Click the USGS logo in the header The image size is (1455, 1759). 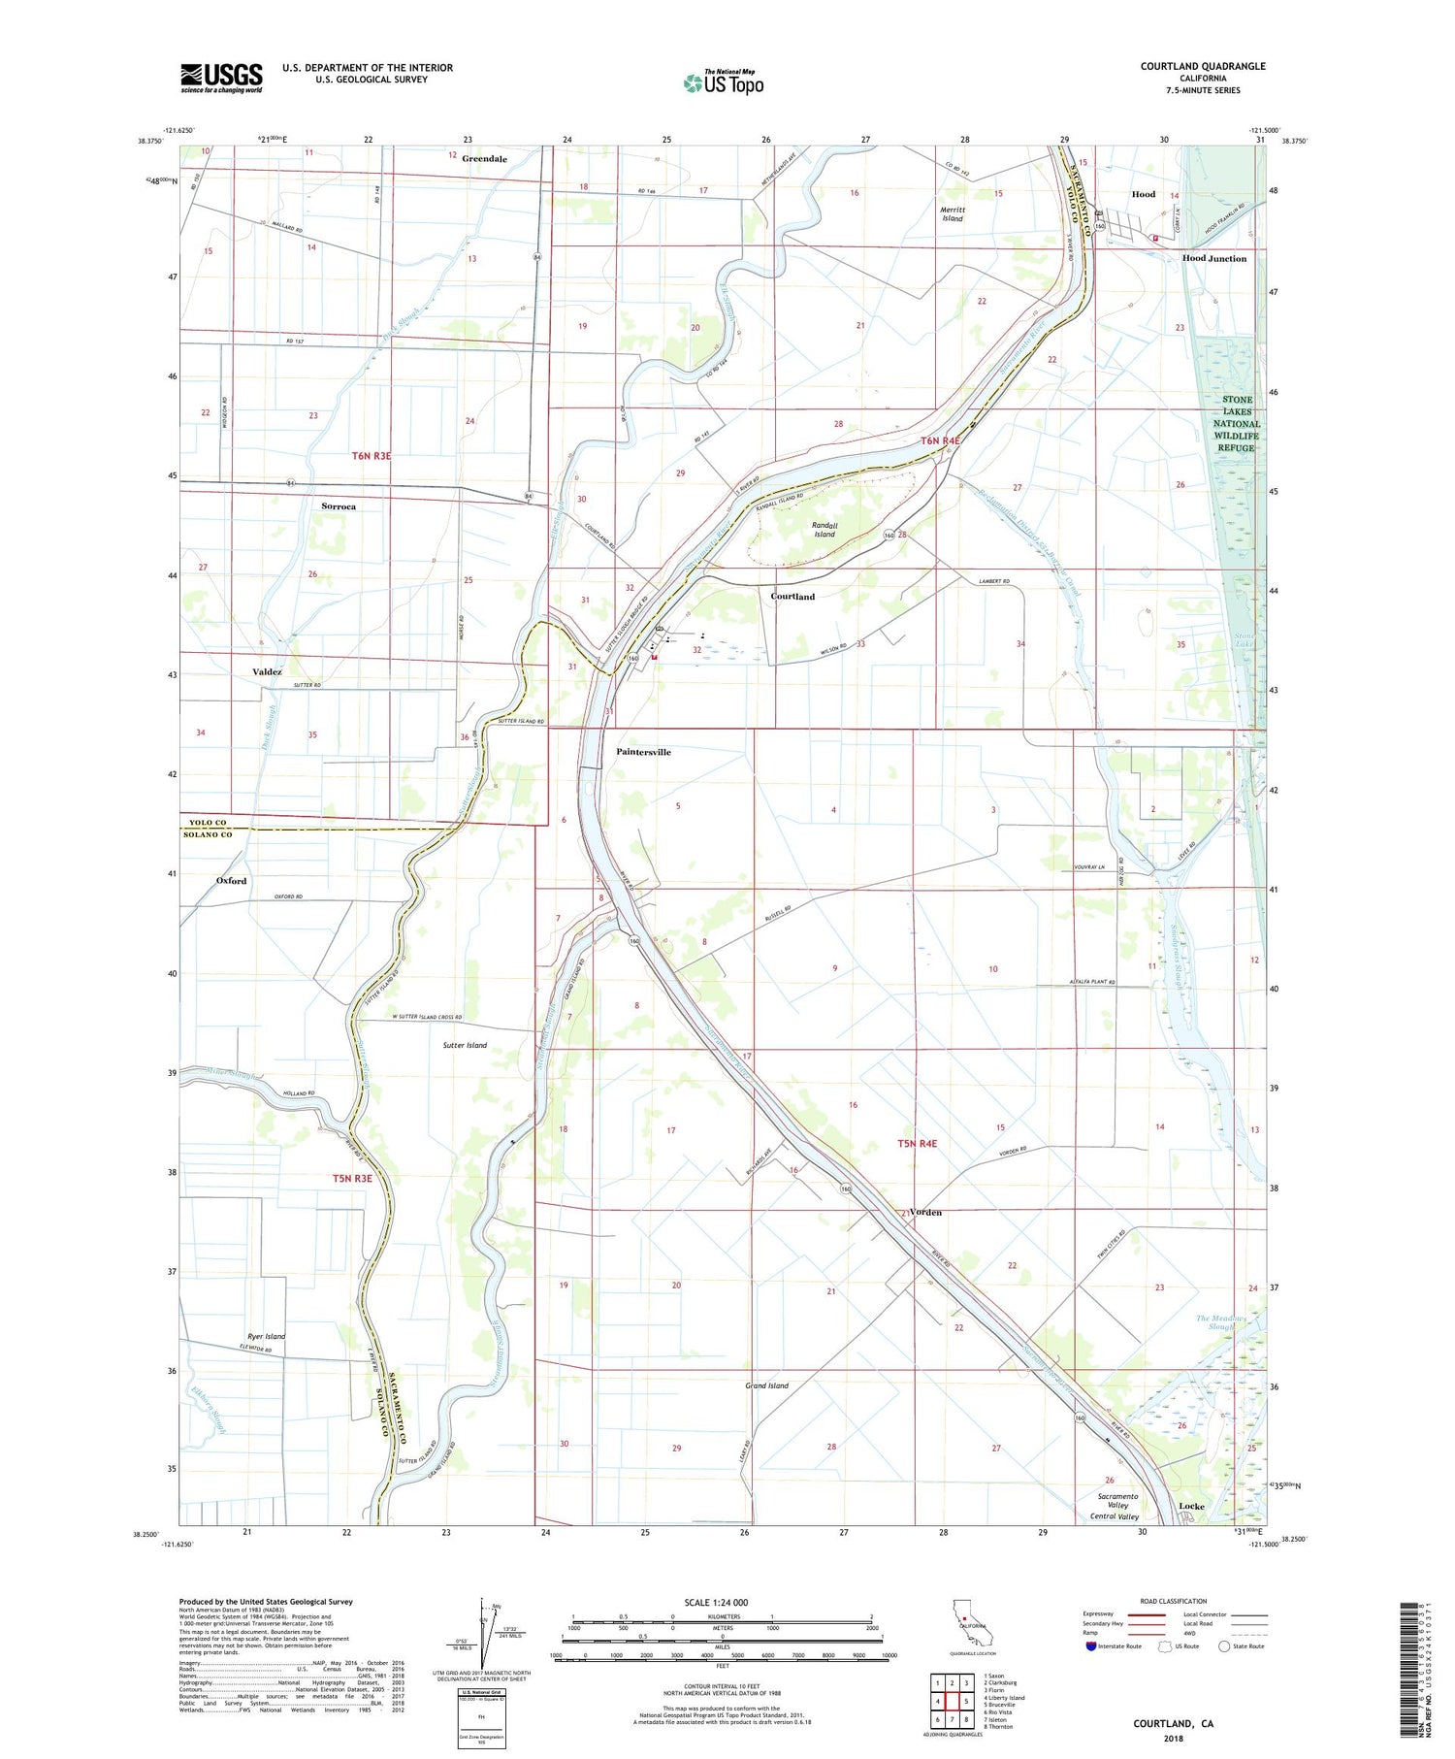pos(221,78)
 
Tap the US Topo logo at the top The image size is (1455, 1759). pos(723,83)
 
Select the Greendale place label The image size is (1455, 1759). pos(484,158)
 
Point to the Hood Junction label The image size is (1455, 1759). pos(1213,259)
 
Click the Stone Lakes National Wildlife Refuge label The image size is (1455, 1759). pos(1237,424)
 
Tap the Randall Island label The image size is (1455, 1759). pos(824,529)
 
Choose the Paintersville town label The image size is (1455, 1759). pos(643,752)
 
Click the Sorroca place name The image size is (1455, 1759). pos(339,506)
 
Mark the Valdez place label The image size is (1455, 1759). pos(267,671)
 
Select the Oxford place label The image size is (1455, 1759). pos(231,881)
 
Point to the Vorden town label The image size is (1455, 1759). pos(925,1213)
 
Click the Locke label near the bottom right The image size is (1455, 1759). pos(1191,1507)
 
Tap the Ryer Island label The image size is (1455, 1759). pos(265,1336)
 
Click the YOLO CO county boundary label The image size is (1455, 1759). pos(207,823)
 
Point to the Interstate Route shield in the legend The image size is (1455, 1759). pos(1091,1646)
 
